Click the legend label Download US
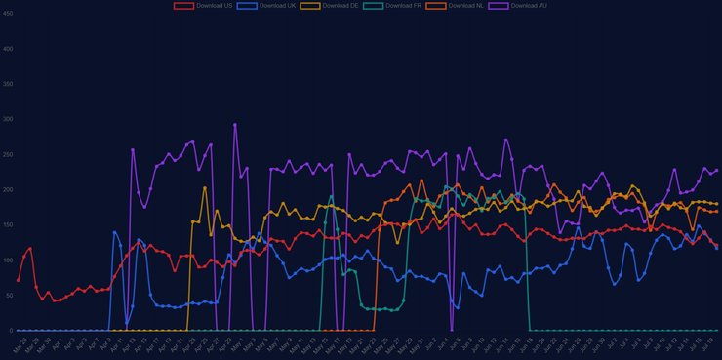tap(215, 6)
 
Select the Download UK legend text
tap(278, 6)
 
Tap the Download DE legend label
tap(341, 6)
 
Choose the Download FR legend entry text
tap(405, 6)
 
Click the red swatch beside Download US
tap(183, 6)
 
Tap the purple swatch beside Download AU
tap(500, 6)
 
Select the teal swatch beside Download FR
tap(373, 6)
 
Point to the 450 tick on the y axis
tap(7, 14)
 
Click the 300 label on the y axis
tap(7, 119)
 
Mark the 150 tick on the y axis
tap(7, 225)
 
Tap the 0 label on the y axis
tap(10, 331)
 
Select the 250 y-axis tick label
tap(7, 154)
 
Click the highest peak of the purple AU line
tap(235, 125)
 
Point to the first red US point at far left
tap(19, 280)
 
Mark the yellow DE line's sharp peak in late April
tap(205, 188)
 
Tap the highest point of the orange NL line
tap(421, 180)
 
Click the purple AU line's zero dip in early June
tap(452, 330)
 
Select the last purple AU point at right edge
tap(716, 170)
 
